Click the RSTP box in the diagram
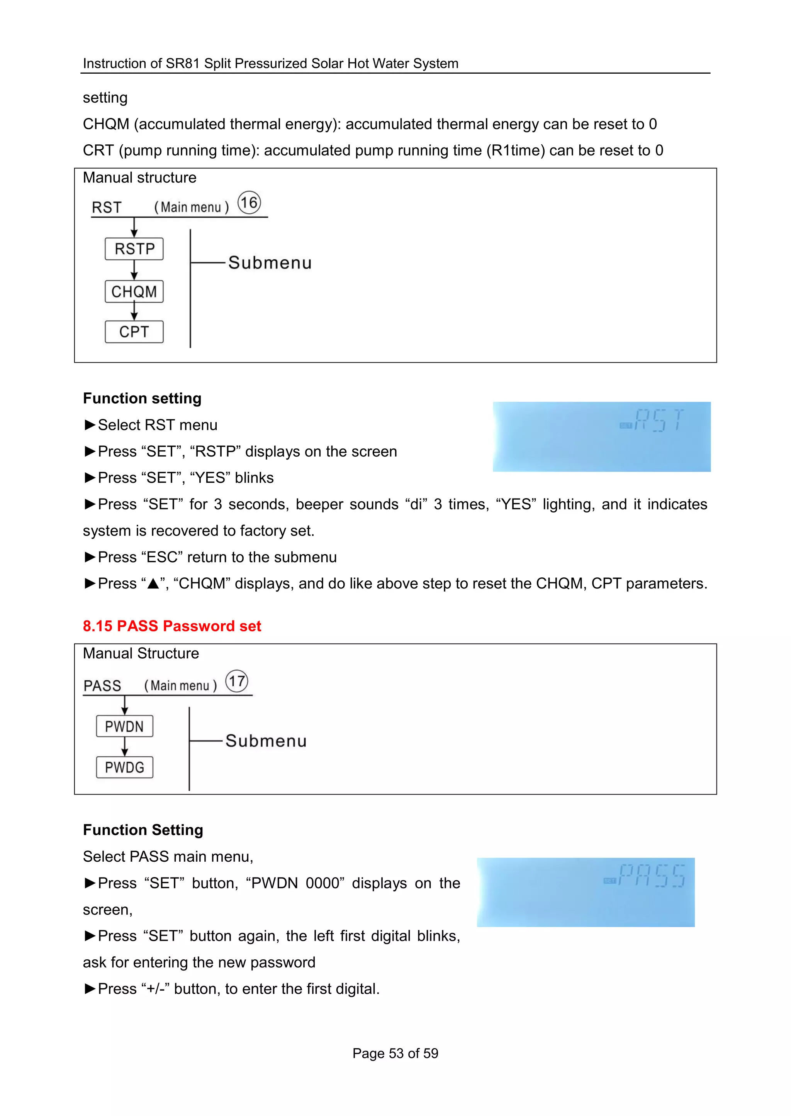pyautogui.click(x=134, y=249)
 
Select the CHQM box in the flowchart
pyautogui.click(x=134, y=291)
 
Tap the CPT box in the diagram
pyautogui.click(x=134, y=332)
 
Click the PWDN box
pyautogui.click(x=124, y=726)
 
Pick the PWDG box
pyautogui.click(x=124, y=767)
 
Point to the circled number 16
pyautogui.click(x=249, y=203)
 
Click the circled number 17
pyautogui.click(x=237, y=681)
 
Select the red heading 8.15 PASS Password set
pyautogui.click(x=172, y=626)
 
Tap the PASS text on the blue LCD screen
pyautogui.click(x=652, y=876)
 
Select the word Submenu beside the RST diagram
pyautogui.click(x=270, y=263)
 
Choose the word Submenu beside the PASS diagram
pyautogui.click(x=266, y=741)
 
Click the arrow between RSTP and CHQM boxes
pyautogui.click(x=134, y=271)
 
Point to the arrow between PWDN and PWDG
pyautogui.click(x=125, y=747)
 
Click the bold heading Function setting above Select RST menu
pyautogui.click(x=142, y=398)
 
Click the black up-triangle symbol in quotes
pyautogui.click(x=153, y=583)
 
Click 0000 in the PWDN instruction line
pyautogui.click(x=325, y=883)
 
